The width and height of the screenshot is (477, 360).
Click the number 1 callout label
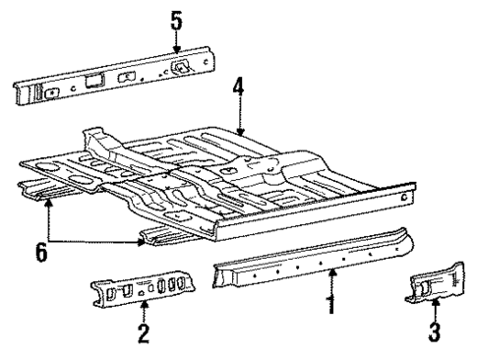[x=332, y=306]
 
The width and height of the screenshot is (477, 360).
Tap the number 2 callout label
[x=144, y=335]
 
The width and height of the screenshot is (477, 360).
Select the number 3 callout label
[x=434, y=332]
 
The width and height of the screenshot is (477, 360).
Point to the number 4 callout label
[x=238, y=90]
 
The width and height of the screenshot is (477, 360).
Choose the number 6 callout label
[x=40, y=254]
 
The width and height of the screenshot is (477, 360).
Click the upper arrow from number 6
[x=46, y=216]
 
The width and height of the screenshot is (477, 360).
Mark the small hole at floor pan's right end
[x=403, y=196]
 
